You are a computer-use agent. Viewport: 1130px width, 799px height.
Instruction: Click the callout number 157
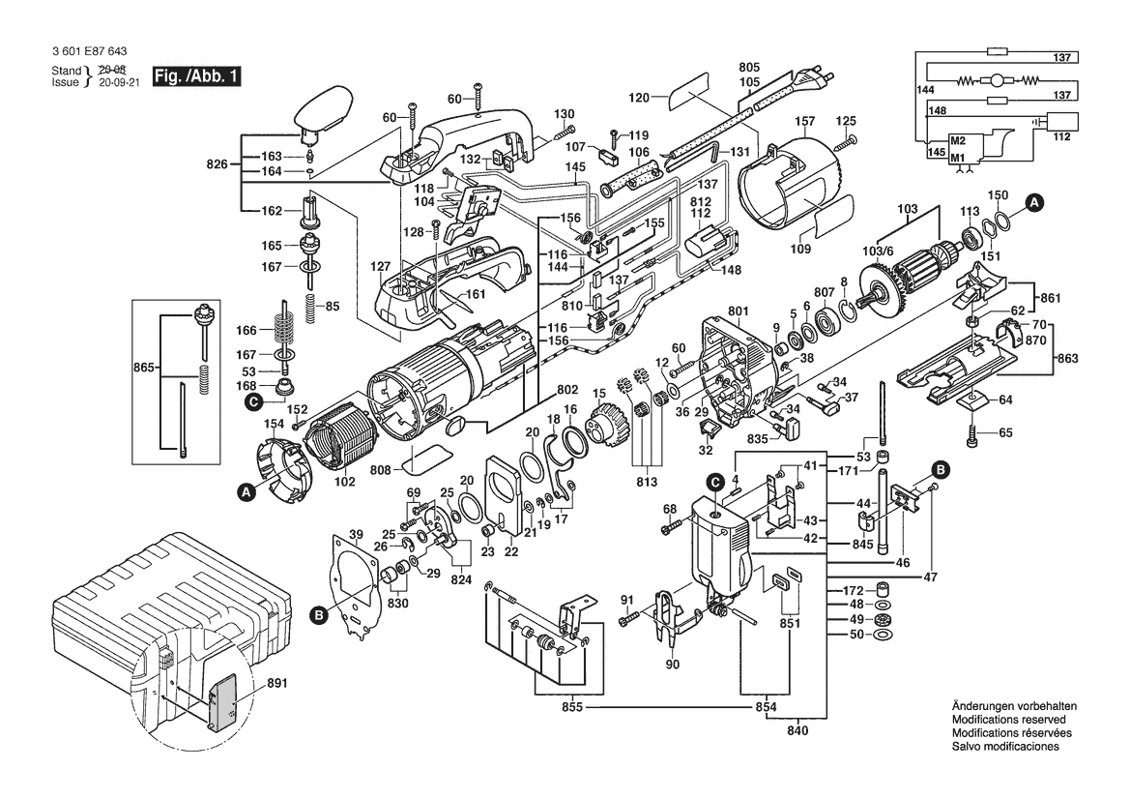[x=804, y=121]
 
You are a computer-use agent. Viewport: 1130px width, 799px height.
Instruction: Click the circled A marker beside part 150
[x=1034, y=202]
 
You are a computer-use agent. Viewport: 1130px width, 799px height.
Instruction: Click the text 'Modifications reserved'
[x=1008, y=721]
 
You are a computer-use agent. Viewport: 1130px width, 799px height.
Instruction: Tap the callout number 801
[x=739, y=311]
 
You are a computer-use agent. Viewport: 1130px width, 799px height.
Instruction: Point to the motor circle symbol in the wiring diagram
[x=997, y=81]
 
